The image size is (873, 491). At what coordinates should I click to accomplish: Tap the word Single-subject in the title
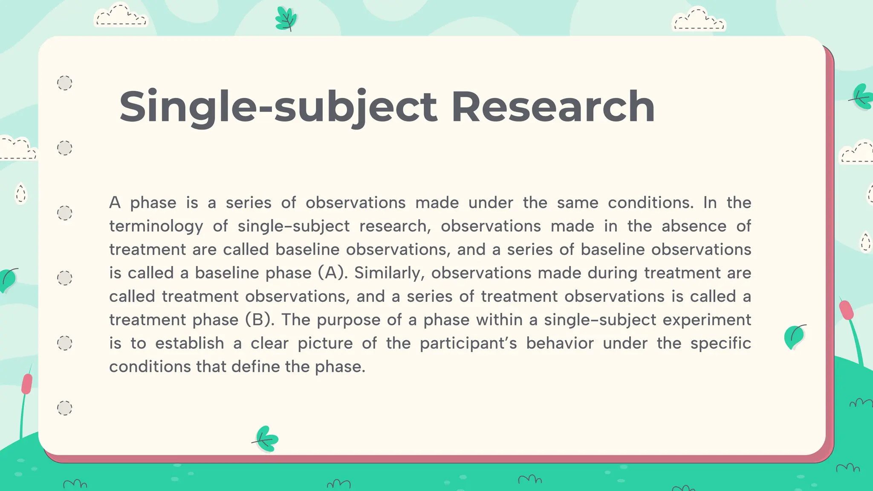pyautogui.click(x=278, y=107)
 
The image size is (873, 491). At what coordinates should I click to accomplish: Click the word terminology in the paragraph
pyautogui.click(x=156, y=226)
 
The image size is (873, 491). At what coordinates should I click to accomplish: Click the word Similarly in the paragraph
pyautogui.click(x=389, y=273)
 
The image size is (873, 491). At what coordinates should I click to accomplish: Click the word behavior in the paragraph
pyautogui.click(x=560, y=343)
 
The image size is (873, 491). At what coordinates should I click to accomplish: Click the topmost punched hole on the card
pyautogui.click(x=65, y=83)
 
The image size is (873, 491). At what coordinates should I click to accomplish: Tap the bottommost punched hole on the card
pyautogui.click(x=65, y=408)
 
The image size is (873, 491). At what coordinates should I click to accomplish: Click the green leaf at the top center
pyautogui.click(x=286, y=19)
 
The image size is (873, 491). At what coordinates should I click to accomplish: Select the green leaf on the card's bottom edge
pyautogui.click(x=267, y=439)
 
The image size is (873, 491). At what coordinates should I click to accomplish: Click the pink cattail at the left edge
pyautogui.click(x=27, y=384)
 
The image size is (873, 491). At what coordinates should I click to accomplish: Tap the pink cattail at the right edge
pyautogui.click(x=846, y=310)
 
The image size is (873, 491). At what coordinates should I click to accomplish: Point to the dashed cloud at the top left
pyautogui.click(x=120, y=16)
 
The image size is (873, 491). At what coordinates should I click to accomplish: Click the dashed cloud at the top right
pyautogui.click(x=698, y=20)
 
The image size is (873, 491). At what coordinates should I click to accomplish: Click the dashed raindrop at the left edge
pyautogui.click(x=20, y=194)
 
